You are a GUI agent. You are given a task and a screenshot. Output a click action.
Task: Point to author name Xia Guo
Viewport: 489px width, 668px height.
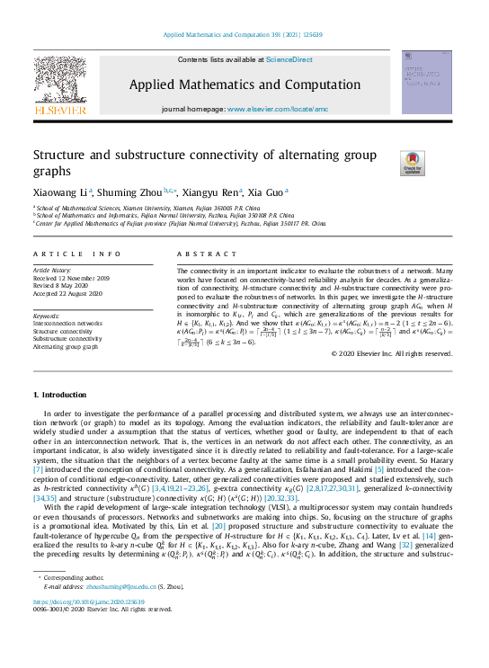(x=265, y=191)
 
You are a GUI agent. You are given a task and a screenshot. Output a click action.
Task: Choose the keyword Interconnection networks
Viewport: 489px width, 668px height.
(x=67, y=323)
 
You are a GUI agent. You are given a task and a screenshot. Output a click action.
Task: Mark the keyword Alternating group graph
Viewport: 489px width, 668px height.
(x=66, y=345)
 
